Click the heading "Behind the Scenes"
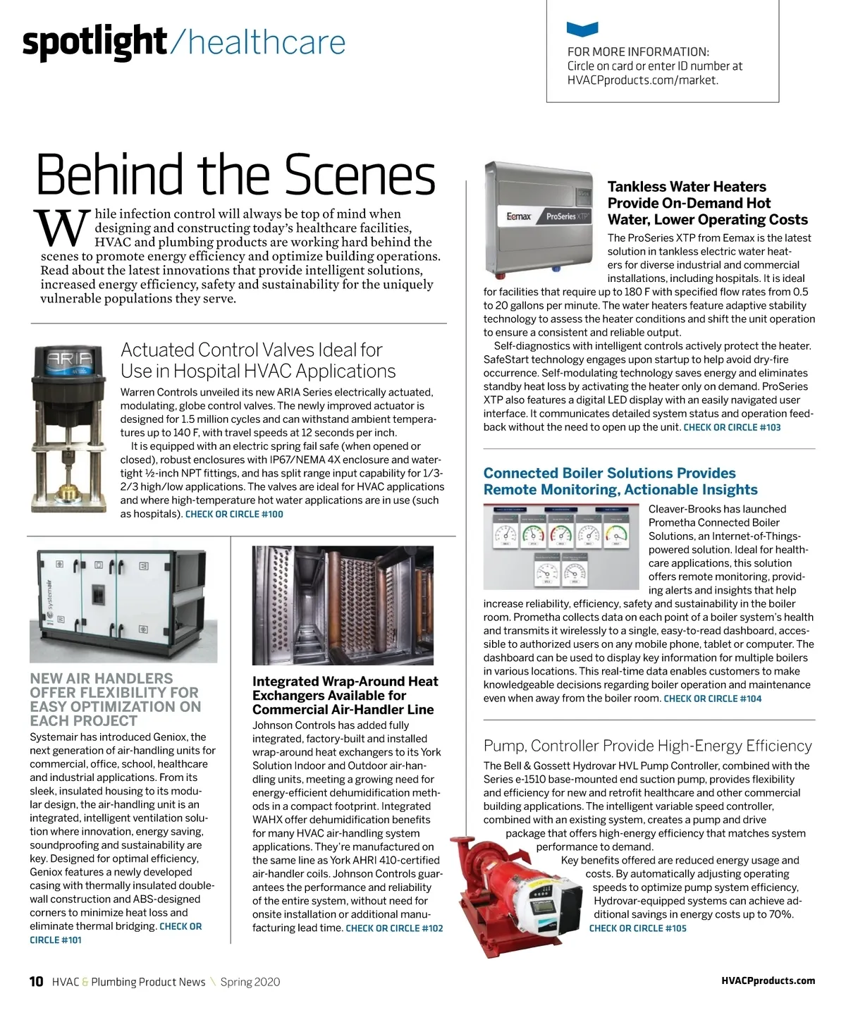235,174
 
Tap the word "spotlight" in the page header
94,42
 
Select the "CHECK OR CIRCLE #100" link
234,515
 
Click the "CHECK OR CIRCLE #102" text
394,928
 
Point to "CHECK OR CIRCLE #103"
732,427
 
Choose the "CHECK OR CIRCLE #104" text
712,699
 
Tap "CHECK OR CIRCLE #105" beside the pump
637,928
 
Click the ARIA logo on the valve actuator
68,358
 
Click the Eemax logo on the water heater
518,216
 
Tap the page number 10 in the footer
36,982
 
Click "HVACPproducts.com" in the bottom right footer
768,980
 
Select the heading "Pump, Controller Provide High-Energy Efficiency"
647,746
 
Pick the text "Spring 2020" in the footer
250,982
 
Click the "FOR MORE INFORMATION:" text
638,51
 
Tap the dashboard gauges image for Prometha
562,546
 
